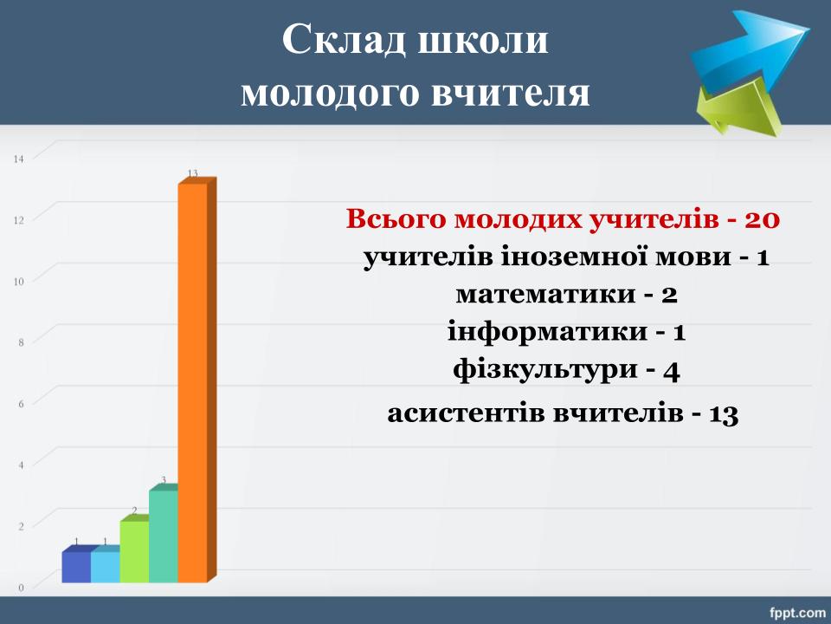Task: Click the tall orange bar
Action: (x=193, y=382)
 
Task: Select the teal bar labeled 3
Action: (x=164, y=535)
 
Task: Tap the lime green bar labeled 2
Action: (x=134, y=551)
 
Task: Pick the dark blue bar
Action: (x=76, y=566)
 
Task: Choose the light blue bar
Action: (x=106, y=566)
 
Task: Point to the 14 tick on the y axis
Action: (x=19, y=159)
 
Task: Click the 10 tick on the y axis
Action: (x=19, y=281)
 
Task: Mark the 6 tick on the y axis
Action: (x=21, y=404)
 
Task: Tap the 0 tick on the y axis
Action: (x=21, y=588)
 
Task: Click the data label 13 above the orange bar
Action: (x=192, y=173)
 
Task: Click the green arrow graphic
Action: (x=738, y=109)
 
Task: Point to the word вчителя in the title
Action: (x=511, y=93)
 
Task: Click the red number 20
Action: (x=762, y=219)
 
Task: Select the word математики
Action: (x=545, y=294)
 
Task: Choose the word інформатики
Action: (x=547, y=332)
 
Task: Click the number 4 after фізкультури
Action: (x=671, y=371)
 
